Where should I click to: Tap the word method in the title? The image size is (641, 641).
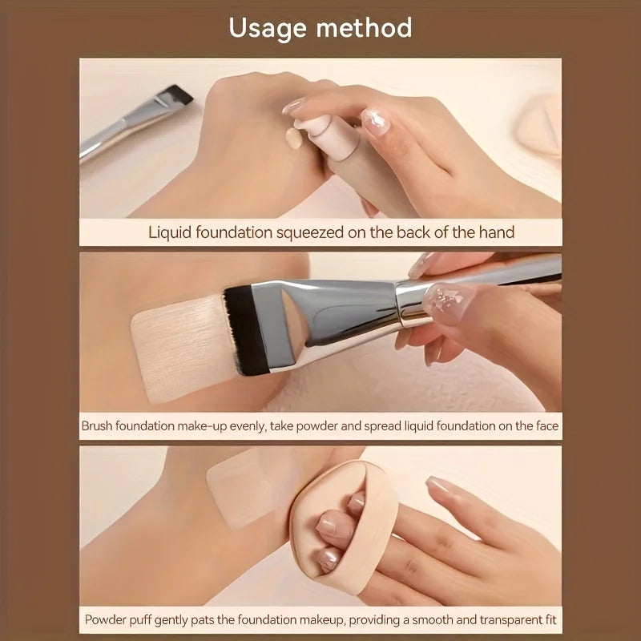(365, 29)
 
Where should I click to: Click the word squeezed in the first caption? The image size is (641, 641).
(312, 232)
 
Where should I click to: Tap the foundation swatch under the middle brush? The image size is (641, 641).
(172, 353)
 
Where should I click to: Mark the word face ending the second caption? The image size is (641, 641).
(545, 426)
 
